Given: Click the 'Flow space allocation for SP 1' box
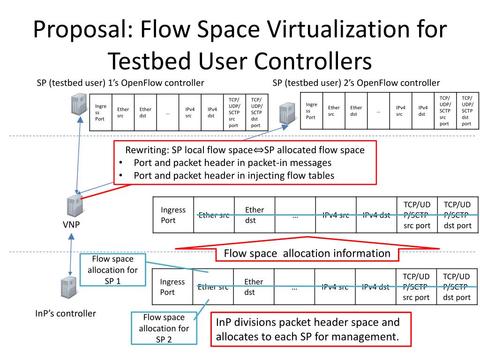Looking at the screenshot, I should click(112, 270).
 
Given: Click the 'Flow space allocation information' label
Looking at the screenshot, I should click(307, 254).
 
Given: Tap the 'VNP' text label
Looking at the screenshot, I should click(71, 225).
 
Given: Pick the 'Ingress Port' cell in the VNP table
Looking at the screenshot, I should click(173, 215).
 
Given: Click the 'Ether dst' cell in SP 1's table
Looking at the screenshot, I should click(145, 112).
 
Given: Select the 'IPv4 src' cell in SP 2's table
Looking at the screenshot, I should click(400, 111).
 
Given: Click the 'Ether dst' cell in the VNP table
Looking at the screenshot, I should click(255, 215).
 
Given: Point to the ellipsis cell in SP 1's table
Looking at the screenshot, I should click(167, 112).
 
